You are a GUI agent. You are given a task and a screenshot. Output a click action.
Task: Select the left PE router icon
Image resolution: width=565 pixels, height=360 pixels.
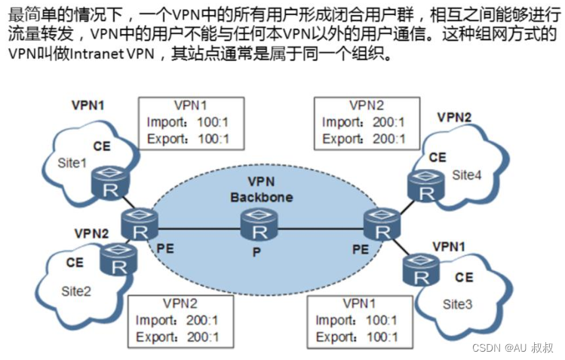138,225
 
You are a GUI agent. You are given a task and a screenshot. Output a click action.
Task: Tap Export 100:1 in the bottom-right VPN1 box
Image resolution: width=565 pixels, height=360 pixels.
358,337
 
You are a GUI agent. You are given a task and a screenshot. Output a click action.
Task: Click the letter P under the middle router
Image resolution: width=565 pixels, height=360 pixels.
256,251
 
